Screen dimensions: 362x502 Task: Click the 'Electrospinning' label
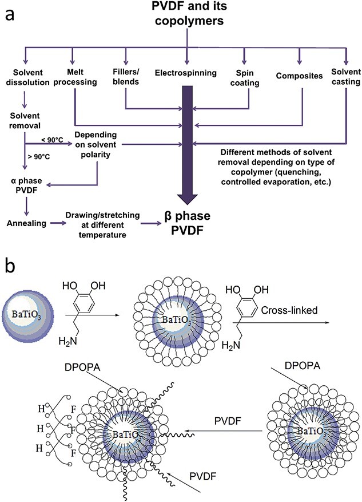(186, 73)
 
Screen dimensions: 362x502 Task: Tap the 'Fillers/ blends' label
(126, 76)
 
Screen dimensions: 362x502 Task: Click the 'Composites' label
(299, 76)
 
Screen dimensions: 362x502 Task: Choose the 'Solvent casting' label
(346, 77)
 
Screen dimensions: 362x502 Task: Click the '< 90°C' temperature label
(52, 140)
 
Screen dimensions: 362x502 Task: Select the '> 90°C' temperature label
(39, 157)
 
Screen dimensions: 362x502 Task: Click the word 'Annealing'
(26, 223)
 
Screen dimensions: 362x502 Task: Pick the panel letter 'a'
(10, 15)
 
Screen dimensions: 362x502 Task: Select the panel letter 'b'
(10, 266)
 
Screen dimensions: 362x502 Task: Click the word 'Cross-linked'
(289, 310)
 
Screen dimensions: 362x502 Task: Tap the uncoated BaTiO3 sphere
(26, 315)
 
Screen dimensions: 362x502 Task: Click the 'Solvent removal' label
(25, 120)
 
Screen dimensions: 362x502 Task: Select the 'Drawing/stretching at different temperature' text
(102, 225)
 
